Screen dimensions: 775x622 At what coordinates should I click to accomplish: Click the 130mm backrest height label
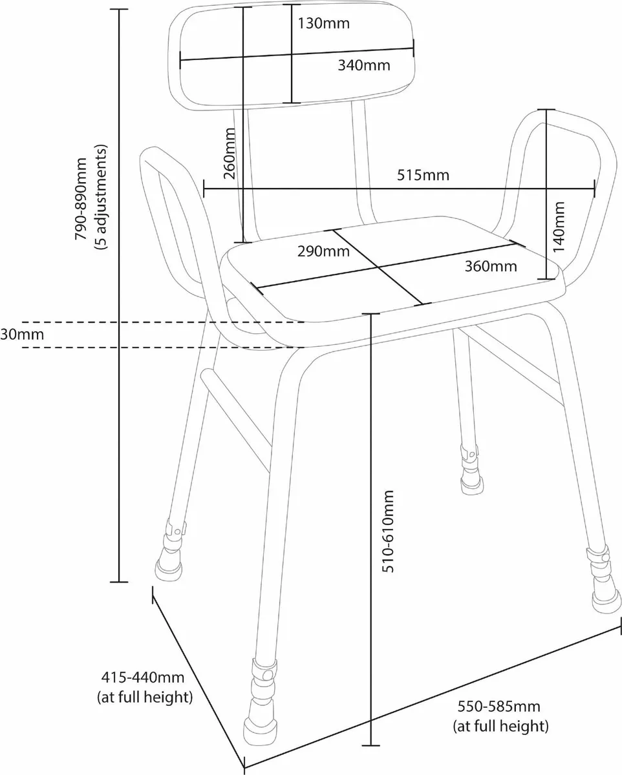click(x=323, y=24)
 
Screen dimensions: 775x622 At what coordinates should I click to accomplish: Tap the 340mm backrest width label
click(x=364, y=65)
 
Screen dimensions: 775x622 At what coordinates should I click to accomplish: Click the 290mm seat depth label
click(x=323, y=251)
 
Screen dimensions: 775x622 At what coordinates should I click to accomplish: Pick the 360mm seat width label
click(x=491, y=266)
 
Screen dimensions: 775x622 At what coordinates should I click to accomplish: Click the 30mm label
click(x=22, y=335)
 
